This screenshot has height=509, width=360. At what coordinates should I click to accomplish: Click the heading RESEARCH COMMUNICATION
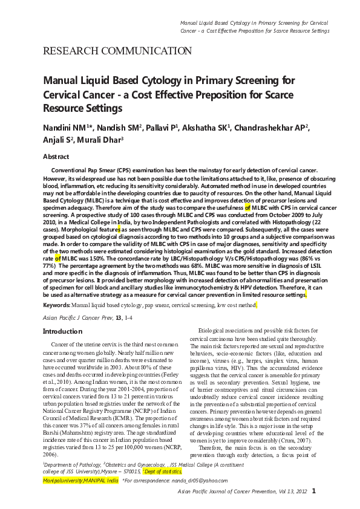pyautogui.click(x=117, y=51)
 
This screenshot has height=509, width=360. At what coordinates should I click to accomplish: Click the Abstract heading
pyautogui.click(x=56, y=157)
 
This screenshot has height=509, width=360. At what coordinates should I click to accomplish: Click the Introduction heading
pyautogui.click(x=62, y=331)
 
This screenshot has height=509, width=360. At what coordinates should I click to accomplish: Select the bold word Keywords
pyautogui.click(x=56, y=306)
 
